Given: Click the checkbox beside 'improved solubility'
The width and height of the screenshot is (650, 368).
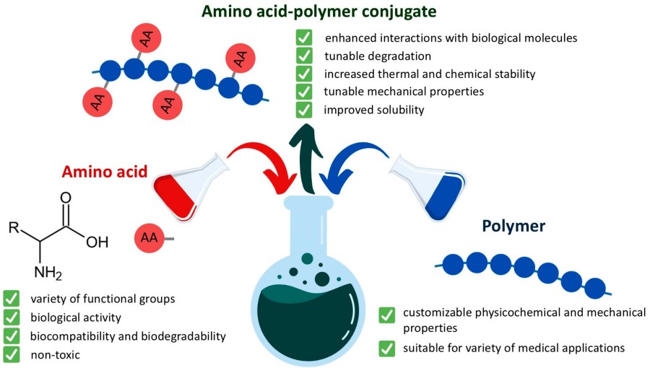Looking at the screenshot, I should [x=305, y=110].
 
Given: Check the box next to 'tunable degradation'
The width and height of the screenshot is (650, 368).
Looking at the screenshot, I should [x=305, y=56].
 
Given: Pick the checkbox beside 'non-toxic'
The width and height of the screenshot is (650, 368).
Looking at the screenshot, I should [x=12, y=354].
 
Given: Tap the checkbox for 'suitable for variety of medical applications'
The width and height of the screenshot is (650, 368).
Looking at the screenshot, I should [x=387, y=349].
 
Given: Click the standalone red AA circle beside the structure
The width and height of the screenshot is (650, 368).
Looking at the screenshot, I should [x=147, y=236].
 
